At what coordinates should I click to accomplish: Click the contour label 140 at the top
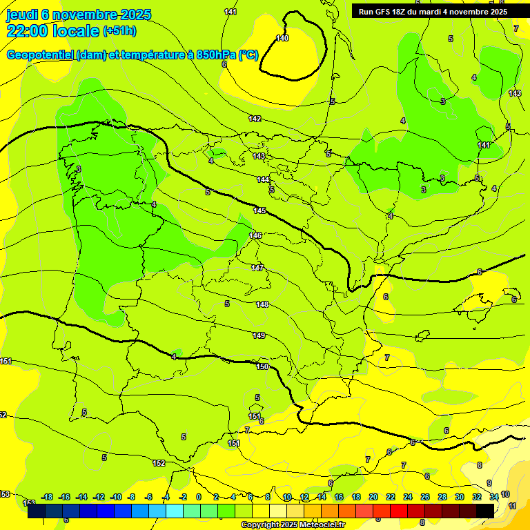(282, 38)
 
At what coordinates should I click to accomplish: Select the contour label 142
(255, 119)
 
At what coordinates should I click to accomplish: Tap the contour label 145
(259, 210)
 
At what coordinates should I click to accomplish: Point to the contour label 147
(257, 268)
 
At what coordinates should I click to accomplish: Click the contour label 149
(259, 335)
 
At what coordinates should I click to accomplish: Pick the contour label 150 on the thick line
(262, 366)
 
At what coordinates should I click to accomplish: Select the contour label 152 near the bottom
(159, 463)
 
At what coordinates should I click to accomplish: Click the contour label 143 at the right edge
(515, 93)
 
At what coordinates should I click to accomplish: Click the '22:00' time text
(26, 31)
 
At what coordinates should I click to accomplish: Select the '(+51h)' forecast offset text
(119, 31)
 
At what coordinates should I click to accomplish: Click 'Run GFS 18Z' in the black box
(382, 12)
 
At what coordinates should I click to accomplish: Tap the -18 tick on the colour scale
(47, 497)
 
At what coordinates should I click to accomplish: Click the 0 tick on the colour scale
(199, 497)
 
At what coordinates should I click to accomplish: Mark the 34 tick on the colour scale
(494, 497)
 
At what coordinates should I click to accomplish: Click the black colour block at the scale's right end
(485, 511)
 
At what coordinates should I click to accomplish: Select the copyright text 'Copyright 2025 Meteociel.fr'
(293, 524)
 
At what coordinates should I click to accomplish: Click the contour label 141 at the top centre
(230, 12)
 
